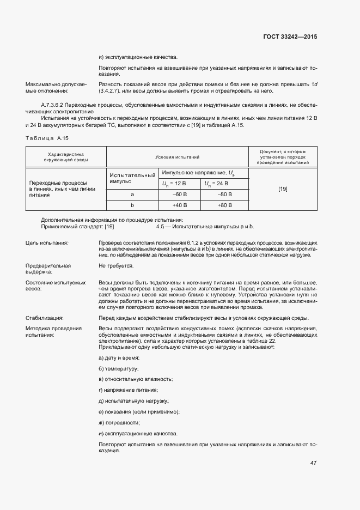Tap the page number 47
click(313, 463)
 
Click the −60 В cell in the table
click(179, 194)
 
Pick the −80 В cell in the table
click(224, 194)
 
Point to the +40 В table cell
click(179, 205)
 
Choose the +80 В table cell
click(224, 205)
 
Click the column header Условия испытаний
click(178, 156)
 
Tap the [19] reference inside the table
click(283, 189)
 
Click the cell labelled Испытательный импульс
click(132, 178)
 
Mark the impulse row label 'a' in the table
click(132, 194)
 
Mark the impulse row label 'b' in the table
click(132, 205)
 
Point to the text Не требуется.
click(116, 266)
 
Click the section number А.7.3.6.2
click(57, 104)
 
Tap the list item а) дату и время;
click(119, 357)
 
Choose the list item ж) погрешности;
click(119, 423)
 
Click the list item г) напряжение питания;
click(128, 390)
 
